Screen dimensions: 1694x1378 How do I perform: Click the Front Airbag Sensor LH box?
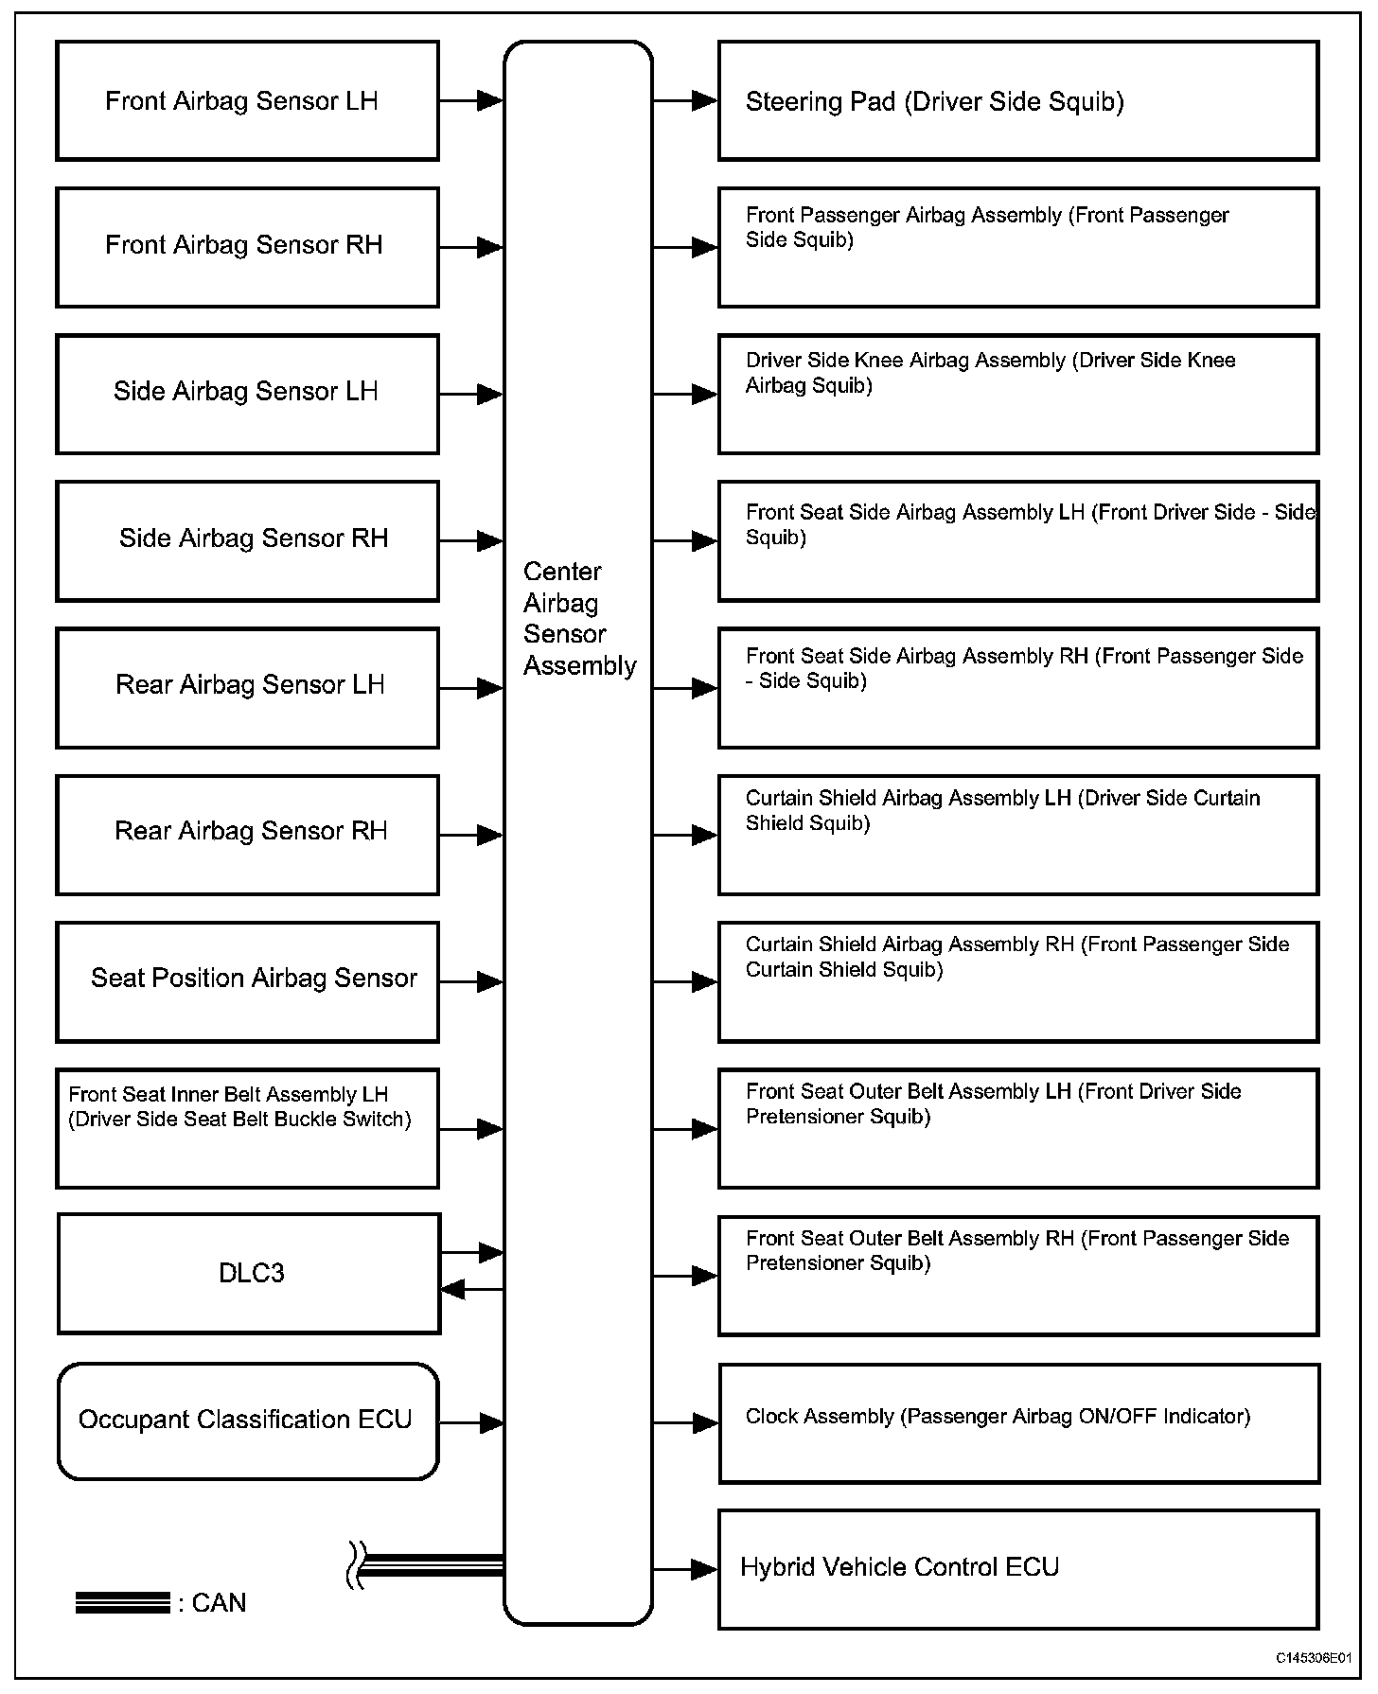(247, 100)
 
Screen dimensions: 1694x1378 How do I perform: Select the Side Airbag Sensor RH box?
(247, 540)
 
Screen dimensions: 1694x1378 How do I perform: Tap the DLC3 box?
(249, 1273)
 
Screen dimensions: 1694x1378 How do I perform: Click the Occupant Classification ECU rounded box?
(248, 1420)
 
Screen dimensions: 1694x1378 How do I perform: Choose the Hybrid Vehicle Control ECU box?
(1018, 1568)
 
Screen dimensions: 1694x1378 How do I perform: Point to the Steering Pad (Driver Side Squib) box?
(1018, 100)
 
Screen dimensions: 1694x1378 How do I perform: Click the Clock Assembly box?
(1018, 1421)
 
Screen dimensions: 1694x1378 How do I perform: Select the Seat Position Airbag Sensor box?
(247, 981)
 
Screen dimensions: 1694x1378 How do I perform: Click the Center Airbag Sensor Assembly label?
(579, 618)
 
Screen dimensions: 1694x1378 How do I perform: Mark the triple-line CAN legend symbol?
(123, 1602)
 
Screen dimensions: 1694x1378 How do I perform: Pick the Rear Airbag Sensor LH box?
(247, 688)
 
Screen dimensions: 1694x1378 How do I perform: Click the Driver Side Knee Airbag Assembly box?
(1018, 394)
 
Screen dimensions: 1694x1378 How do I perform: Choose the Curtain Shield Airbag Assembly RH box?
(1018, 981)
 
